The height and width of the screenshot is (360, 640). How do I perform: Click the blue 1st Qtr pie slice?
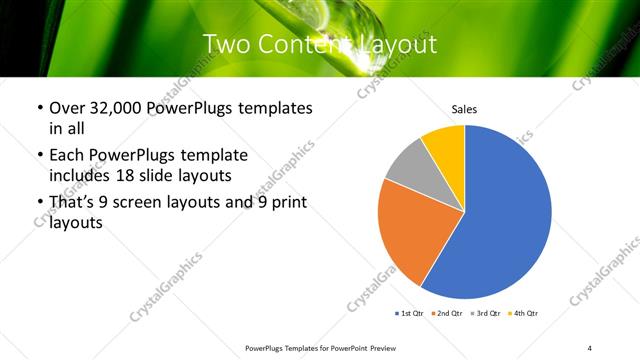505,225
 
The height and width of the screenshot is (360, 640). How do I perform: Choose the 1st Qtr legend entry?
410,313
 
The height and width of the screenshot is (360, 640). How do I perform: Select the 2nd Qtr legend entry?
449,313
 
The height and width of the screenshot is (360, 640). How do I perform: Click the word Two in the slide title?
227,45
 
